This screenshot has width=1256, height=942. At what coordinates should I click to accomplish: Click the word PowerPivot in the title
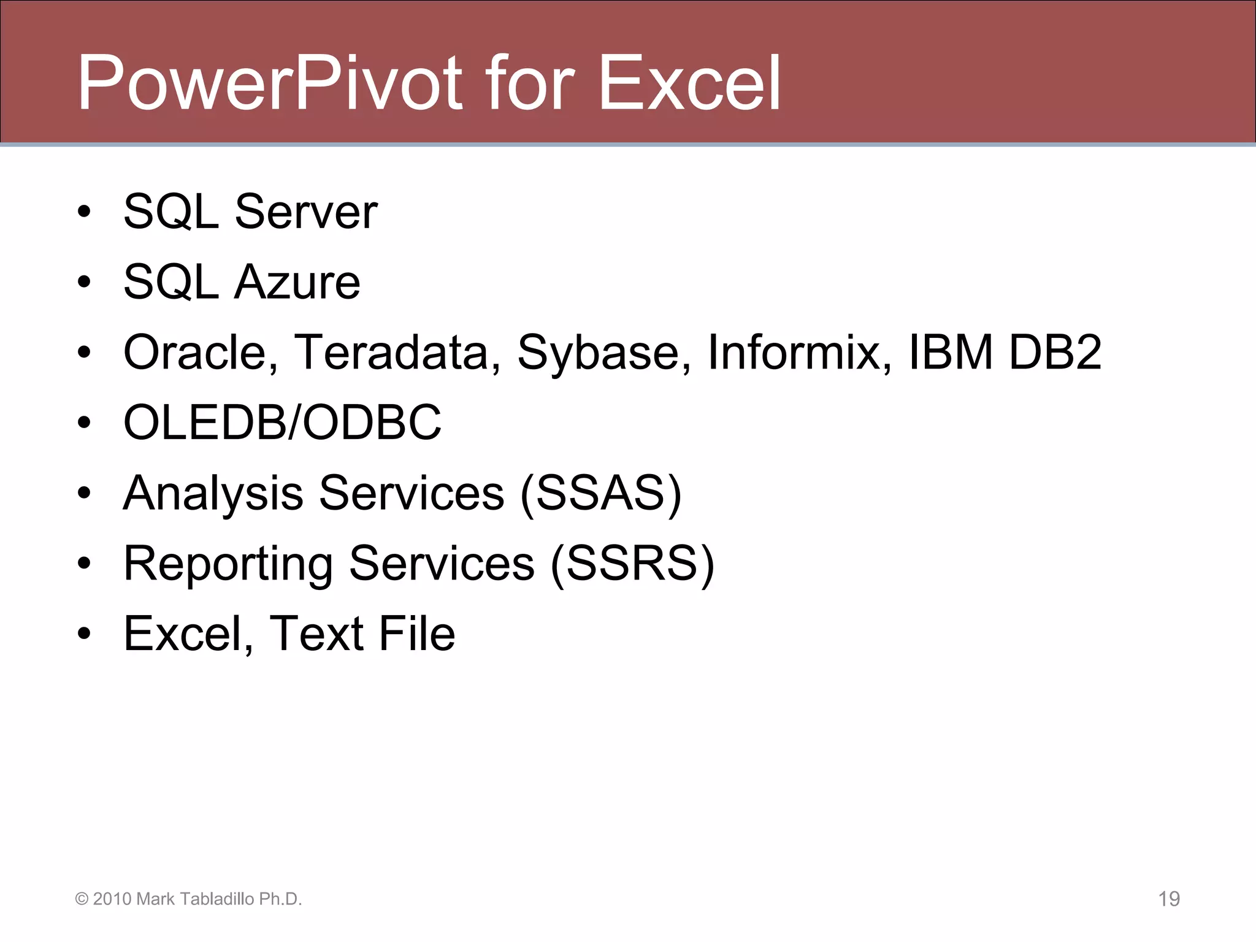[x=270, y=83]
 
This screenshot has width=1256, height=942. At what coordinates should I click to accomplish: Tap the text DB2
[x=1055, y=353]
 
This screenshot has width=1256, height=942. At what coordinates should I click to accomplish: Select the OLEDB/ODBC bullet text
[x=282, y=423]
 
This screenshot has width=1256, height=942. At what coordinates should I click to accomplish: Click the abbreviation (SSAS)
[x=600, y=493]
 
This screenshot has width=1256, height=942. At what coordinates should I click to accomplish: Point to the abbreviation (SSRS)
[x=632, y=563]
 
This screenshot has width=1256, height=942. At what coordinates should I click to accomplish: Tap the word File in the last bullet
[x=416, y=634]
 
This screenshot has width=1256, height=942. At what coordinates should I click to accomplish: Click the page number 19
[x=1168, y=899]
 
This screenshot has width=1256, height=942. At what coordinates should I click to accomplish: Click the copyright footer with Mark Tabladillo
[x=188, y=899]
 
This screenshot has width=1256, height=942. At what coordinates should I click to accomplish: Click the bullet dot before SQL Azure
[x=84, y=283]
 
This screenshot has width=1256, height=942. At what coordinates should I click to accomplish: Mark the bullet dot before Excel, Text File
[x=84, y=634]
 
